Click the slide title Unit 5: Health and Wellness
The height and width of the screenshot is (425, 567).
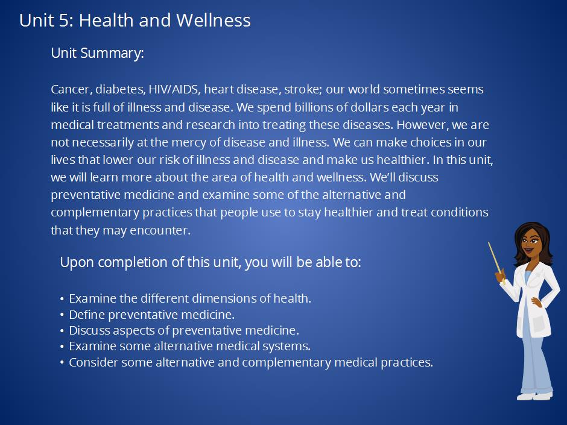point(135,20)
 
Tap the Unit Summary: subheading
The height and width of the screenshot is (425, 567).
point(97,54)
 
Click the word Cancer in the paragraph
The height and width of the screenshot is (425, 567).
point(71,89)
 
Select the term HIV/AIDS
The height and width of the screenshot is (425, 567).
point(174,89)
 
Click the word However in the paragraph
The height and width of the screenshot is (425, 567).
point(423,125)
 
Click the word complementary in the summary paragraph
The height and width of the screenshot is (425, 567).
point(95,212)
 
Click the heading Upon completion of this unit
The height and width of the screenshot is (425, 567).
point(211,262)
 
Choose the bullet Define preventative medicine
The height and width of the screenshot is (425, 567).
point(152,315)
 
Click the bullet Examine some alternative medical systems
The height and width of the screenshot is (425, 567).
point(190,346)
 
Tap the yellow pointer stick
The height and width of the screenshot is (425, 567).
point(496,261)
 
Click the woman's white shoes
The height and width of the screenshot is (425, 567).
point(534,396)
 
